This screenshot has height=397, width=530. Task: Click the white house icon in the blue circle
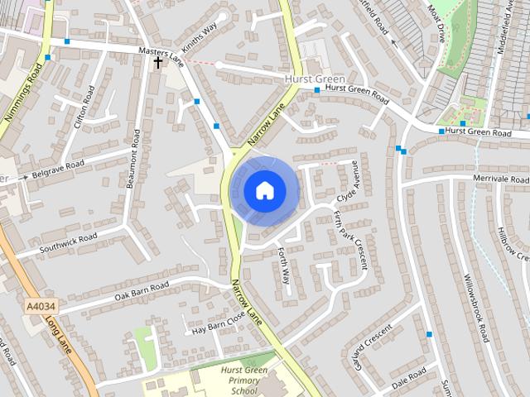pos(264,190)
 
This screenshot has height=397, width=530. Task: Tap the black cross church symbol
pos(157,62)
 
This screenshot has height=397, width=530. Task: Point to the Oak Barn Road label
pos(142,289)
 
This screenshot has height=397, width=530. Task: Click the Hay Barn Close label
pos(219,323)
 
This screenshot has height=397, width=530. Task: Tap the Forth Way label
pos(284,266)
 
